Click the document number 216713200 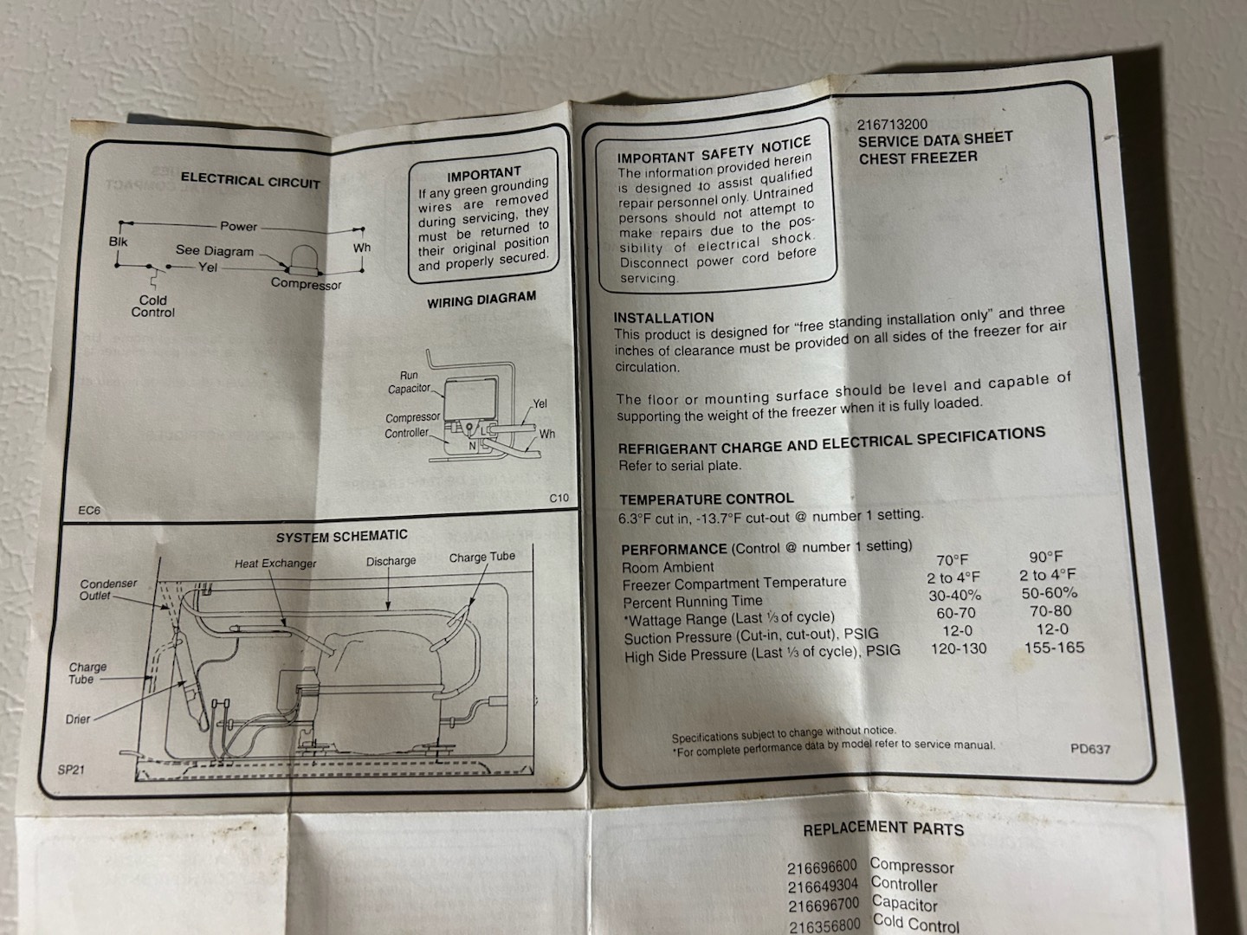tap(892, 125)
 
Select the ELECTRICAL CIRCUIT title tap(250, 181)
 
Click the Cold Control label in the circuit tap(152, 306)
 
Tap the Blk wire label tap(118, 242)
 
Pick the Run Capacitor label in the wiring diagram tap(409, 382)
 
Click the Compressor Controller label tap(412, 425)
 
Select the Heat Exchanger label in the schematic tap(275, 564)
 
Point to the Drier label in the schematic tap(78, 719)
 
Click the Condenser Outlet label tap(108, 590)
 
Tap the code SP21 tap(71, 771)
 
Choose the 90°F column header tap(1045, 558)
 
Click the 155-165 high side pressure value tap(1055, 648)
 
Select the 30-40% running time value tap(955, 596)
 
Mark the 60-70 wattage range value tap(956, 613)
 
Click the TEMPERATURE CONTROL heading tap(706, 499)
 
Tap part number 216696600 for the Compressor tap(822, 867)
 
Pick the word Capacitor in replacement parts tap(904, 903)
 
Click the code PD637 tap(1090, 749)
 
